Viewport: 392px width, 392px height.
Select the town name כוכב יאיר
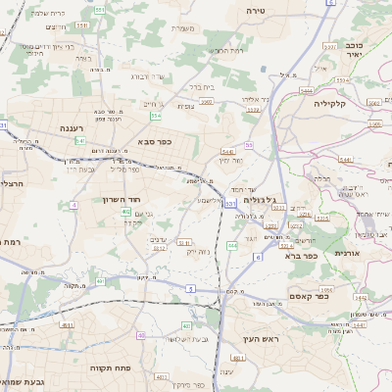[354, 50]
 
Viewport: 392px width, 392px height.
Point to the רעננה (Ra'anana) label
[73, 127]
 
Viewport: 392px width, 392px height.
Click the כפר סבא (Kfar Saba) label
[154, 141]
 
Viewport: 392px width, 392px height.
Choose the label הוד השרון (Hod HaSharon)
[122, 199]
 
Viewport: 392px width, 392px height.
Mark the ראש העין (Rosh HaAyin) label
[262, 338]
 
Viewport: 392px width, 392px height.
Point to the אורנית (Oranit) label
[348, 252]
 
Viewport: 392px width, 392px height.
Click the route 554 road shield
[156, 116]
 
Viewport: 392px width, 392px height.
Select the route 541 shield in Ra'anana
[79, 140]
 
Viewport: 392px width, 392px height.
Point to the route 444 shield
[232, 245]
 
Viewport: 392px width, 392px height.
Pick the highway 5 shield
[190, 288]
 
